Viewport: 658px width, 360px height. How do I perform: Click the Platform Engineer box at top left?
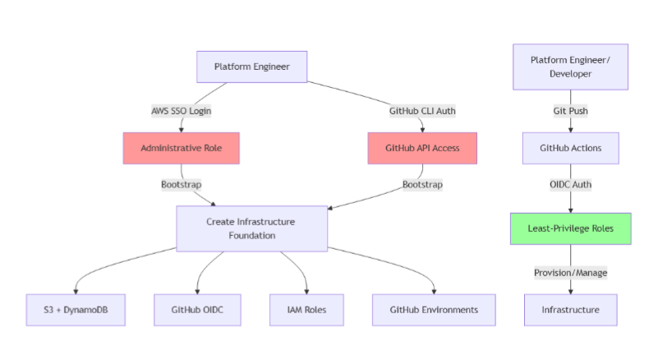251,67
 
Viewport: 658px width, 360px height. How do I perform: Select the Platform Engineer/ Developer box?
570,67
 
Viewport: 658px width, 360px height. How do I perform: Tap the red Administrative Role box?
181,148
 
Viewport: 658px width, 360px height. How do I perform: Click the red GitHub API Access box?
422,148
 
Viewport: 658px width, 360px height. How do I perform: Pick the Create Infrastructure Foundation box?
251,228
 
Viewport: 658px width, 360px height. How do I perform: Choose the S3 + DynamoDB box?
76,310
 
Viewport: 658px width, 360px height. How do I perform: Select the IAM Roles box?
307,310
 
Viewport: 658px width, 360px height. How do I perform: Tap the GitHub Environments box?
435,310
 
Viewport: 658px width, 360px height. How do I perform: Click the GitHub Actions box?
570,148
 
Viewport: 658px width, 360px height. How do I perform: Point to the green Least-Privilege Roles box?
570,228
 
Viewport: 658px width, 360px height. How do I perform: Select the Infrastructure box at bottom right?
570,310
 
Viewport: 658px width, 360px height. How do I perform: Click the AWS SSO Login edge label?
181,110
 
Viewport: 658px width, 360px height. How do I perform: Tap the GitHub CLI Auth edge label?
422,110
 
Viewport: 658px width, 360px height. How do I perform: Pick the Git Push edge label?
570,110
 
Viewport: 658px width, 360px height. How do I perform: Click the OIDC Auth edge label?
570,184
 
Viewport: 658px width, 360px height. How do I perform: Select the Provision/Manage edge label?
570,272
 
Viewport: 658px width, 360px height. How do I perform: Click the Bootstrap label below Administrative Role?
181,184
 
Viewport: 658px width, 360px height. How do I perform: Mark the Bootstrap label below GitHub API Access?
422,184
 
